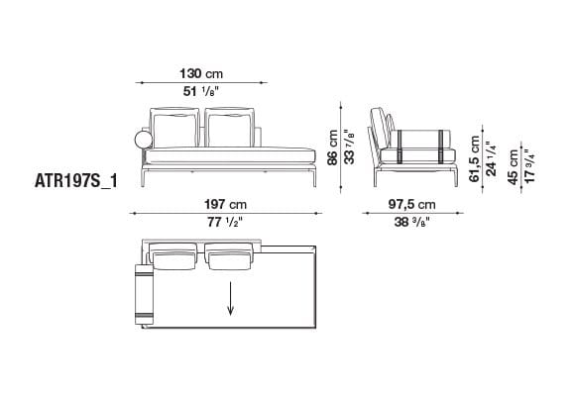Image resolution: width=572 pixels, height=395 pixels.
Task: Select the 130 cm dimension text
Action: tap(200, 74)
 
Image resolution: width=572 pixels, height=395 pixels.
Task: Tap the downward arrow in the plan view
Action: tap(232, 297)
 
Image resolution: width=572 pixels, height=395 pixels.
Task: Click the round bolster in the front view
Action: tap(136, 139)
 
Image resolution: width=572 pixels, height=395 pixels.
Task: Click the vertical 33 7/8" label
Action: tap(348, 150)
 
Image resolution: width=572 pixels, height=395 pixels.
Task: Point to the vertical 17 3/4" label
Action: tap(529, 164)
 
